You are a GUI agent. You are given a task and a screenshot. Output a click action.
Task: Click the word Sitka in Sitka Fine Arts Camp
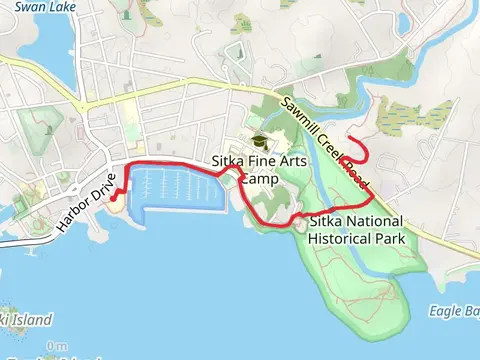229,161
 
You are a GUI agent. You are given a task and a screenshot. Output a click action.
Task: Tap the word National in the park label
372,221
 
